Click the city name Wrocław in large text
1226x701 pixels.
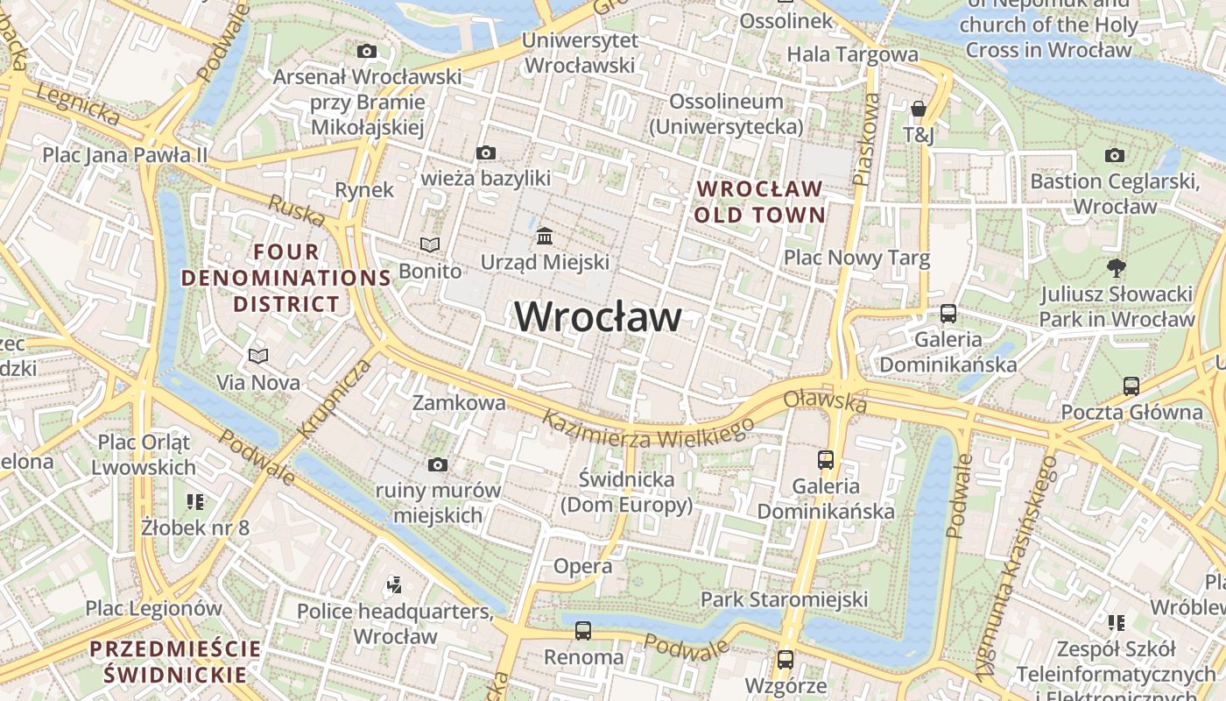coord(598,316)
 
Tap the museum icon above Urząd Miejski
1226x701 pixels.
coord(545,236)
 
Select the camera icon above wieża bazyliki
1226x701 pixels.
coord(486,153)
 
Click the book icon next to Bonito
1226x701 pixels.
coord(429,245)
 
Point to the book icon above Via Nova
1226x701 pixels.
coord(257,357)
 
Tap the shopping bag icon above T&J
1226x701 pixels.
coord(919,109)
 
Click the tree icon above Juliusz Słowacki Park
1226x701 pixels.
coord(1116,267)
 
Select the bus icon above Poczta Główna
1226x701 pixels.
coord(1131,386)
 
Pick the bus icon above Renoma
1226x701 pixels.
coord(583,630)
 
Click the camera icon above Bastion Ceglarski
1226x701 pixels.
coord(1114,156)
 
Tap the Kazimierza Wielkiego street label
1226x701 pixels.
coord(647,429)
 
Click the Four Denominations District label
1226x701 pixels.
coord(285,278)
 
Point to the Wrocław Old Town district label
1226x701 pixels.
coord(760,202)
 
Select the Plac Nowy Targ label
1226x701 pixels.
coord(856,258)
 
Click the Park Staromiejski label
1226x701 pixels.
coord(784,599)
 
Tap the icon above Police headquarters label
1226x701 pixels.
coord(394,584)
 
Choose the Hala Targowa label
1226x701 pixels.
coord(852,54)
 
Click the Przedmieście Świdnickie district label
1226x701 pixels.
coord(175,662)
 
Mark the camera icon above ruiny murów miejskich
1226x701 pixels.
coord(438,465)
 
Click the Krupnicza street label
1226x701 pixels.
coord(335,399)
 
